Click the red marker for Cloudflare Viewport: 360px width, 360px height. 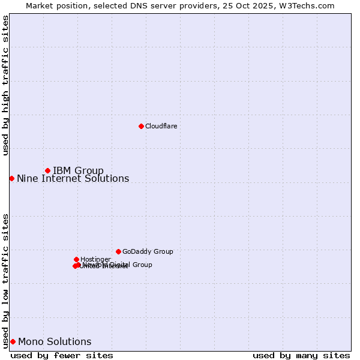click(x=141, y=126)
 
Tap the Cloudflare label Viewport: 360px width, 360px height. click(x=161, y=127)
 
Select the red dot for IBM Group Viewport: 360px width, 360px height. click(x=47, y=170)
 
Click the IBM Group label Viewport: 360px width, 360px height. click(x=78, y=171)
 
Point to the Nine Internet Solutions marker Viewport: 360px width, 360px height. click(x=11, y=178)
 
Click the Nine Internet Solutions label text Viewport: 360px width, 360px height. click(x=73, y=179)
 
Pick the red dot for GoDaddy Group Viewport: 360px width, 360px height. click(x=118, y=251)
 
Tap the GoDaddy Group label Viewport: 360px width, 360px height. click(x=148, y=252)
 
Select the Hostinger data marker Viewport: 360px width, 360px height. click(x=76, y=259)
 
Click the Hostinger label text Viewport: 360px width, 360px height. click(x=95, y=260)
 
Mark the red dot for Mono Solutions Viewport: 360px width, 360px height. click(x=13, y=341)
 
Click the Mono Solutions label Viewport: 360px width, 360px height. click(x=55, y=342)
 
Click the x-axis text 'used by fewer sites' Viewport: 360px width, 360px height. click(x=62, y=356)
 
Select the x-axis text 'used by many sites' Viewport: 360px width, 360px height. click(x=301, y=356)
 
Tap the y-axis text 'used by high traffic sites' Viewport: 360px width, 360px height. click(x=5, y=85)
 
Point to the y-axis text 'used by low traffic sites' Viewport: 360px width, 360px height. click(x=5, y=280)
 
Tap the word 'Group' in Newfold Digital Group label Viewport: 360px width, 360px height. click(x=142, y=265)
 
